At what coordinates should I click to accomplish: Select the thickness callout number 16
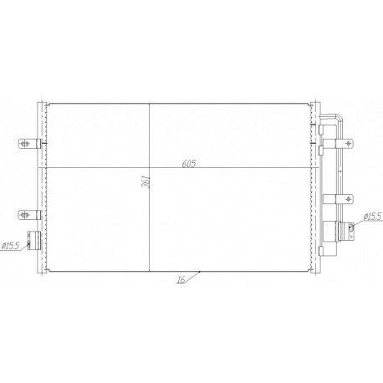(180, 281)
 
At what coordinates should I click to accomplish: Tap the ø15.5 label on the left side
(12, 245)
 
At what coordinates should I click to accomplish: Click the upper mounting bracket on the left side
(28, 140)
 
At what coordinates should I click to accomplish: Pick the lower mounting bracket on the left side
(28, 215)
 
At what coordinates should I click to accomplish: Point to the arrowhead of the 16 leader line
(200, 271)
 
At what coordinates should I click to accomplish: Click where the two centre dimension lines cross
(150, 170)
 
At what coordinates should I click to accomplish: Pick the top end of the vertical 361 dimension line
(150, 102)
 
